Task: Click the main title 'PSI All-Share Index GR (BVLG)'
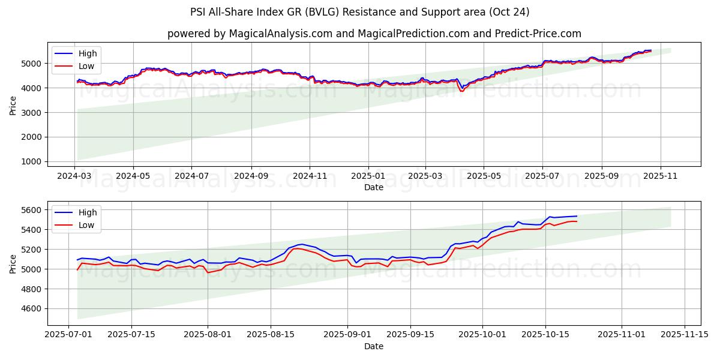(x=360, y=12)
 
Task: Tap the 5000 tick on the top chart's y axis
(x=32, y=63)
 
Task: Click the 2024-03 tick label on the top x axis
(x=74, y=177)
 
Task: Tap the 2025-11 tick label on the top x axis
(x=660, y=177)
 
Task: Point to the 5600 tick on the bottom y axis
(x=32, y=209)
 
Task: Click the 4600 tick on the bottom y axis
(x=32, y=308)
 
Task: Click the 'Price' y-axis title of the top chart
(x=13, y=105)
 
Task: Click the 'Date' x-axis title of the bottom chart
(x=374, y=346)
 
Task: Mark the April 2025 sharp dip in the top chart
(x=461, y=90)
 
